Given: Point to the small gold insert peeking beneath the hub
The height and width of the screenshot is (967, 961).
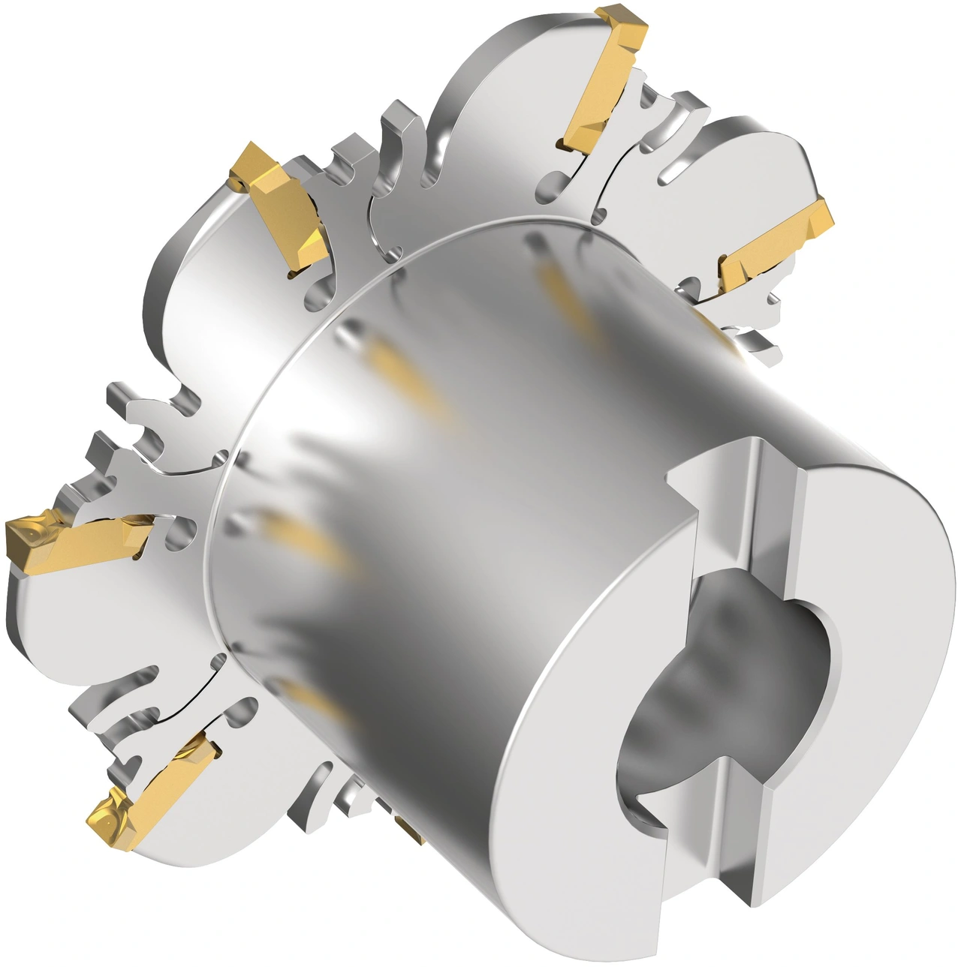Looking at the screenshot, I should click(410, 828).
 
